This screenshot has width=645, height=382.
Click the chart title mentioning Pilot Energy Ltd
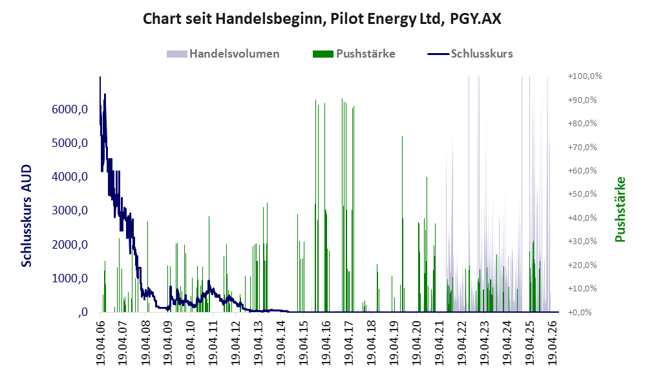[322, 19]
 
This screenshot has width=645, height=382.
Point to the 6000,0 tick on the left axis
[70, 109]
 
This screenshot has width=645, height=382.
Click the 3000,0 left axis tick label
[70, 210]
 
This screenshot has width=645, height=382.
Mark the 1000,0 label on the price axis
[70, 278]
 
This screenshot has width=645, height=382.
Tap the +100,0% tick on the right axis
[585, 76]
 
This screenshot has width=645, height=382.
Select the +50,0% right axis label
[582, 194]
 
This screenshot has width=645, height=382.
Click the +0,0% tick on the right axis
[580, 312]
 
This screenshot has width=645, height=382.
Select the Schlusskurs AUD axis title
[26, 216]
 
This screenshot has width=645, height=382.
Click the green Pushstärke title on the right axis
[620, 209]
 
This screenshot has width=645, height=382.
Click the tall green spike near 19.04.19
[402, 224]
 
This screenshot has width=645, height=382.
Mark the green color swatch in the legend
[323, 54]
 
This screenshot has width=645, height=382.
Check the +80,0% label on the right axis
[582, 124]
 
